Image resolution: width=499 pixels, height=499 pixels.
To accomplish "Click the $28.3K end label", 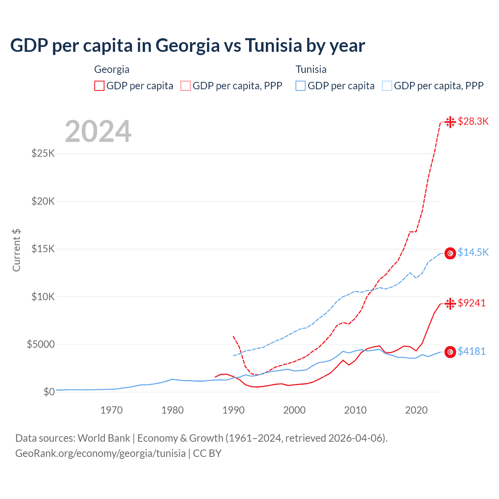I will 473,122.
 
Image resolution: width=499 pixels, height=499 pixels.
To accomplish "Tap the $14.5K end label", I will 473,253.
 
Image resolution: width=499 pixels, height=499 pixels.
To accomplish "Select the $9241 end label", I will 472,303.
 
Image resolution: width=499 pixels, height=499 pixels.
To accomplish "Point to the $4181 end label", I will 471,352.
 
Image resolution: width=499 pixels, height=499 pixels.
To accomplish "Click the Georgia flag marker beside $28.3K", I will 450,122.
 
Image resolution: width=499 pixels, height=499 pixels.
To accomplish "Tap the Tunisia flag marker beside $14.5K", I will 450,253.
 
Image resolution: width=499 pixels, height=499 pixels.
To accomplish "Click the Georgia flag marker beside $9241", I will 450,303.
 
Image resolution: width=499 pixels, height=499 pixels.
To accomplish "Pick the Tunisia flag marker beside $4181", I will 450,352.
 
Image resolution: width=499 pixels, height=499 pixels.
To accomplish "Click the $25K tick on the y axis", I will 43,153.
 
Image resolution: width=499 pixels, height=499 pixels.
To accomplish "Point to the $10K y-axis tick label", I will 43,297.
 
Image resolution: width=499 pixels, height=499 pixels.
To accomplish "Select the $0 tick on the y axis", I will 49,392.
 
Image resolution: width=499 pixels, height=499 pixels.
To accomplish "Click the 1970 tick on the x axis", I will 111,410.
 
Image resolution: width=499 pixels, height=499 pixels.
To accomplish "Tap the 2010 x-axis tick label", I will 355,410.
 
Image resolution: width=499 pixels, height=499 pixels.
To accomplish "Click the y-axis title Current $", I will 16,250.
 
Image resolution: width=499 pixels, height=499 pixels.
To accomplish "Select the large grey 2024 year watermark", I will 98,131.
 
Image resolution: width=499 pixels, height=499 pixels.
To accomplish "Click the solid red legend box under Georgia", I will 99,86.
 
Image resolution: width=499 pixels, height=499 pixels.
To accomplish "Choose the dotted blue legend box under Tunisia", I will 387,86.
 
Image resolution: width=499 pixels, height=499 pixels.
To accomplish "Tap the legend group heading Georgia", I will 112,69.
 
